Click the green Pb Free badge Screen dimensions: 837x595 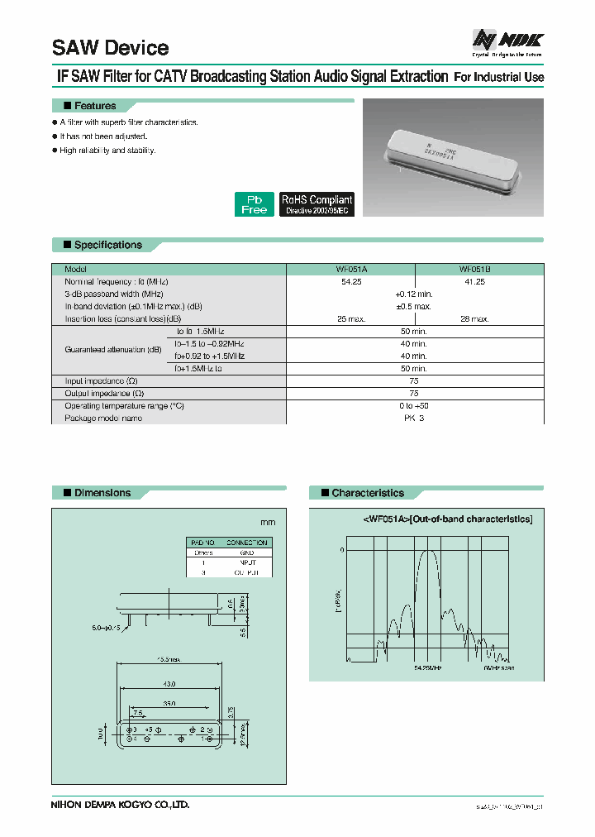254,204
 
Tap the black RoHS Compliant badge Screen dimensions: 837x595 317,204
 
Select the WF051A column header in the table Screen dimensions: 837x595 351,270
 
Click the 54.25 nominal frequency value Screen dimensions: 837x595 351,282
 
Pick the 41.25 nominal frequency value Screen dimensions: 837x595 475,282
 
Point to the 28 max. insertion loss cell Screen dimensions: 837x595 475,318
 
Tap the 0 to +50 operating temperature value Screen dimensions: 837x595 413,406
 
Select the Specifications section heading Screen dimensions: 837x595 107,245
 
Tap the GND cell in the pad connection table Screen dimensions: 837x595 246,552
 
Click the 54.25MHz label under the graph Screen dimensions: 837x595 429,666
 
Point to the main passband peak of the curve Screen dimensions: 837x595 428,552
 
